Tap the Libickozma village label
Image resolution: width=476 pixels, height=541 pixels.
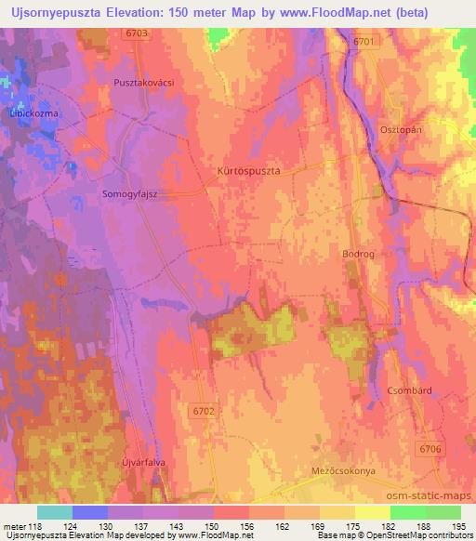[x=34, y=112]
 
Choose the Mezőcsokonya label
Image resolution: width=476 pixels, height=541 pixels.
[x=343, y=471]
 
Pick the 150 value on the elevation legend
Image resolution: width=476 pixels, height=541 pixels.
[x=215, y=526]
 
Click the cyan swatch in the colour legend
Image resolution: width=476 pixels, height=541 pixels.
[x=55, y=512]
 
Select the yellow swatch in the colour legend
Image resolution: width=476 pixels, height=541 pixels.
[x=373, y=512]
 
